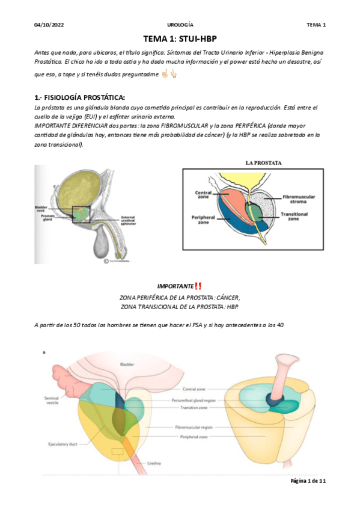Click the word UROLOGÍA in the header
coord(180,25)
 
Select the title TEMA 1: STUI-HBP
coord(180,38)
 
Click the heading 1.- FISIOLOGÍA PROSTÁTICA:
coord(82,97)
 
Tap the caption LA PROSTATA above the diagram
coord(264,162)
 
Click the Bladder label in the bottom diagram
coord(128,364)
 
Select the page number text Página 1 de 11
coord(308,481)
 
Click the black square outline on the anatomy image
coord(81,214)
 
